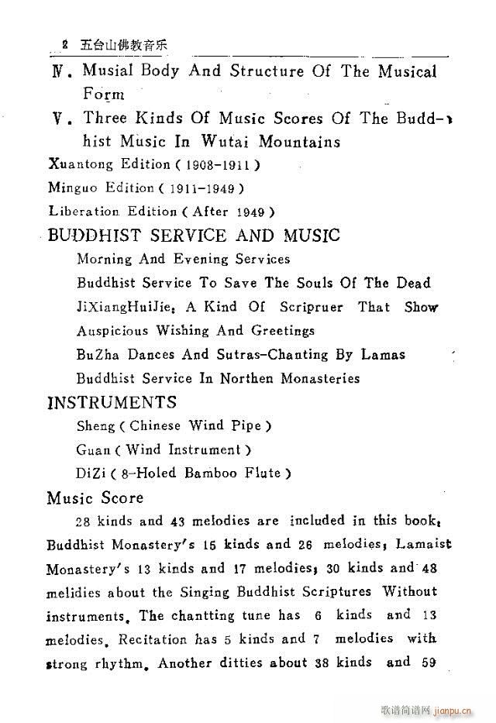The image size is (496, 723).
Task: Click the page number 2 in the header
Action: coord(66,44)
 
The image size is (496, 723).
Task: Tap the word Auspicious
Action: coord(113,331)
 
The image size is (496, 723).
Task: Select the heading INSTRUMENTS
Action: coord(112,402)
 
